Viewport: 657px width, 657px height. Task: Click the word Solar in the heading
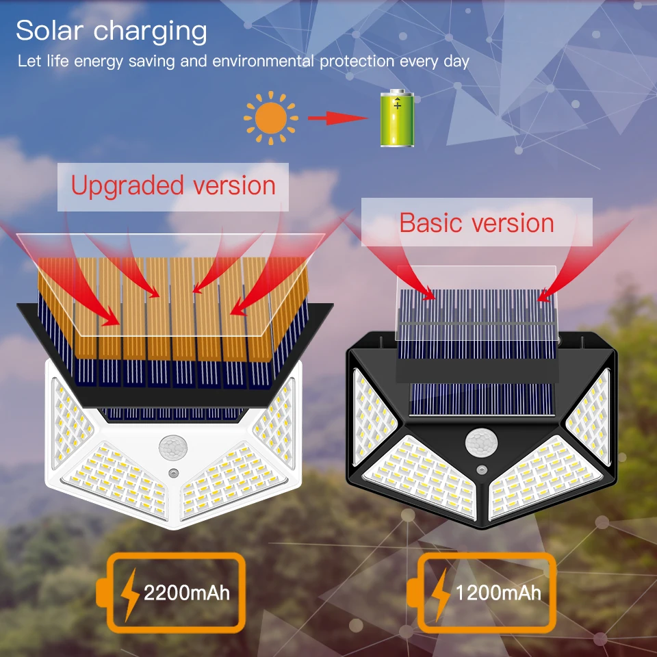[x=49, y=30]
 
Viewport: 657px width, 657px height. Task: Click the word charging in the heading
[x=150, y=32]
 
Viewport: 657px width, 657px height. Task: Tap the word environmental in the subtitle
[x=263, y=61]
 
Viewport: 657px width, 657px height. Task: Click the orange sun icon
[x=271, y=118]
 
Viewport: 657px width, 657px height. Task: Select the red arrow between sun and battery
[x=337, y=118]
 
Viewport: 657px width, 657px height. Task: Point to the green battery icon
[x=397, y=118]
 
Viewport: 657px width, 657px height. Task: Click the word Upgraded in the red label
[x=127, y=186]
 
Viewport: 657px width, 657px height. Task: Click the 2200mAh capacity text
[x=186, y=593]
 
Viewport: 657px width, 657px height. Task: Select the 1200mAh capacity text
[x=498, y=593]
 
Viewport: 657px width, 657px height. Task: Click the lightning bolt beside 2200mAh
[x=129, y=595]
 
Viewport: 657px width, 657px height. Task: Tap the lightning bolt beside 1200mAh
[x=440, y=595]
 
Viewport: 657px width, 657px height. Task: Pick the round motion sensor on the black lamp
[x=481, y=443]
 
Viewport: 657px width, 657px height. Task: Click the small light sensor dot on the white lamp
[x=173, y=473]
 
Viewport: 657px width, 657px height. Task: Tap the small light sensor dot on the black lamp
[x=482, y=470]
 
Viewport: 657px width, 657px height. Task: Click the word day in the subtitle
[x=456, y=62]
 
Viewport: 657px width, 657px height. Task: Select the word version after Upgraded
[x=234, y=185]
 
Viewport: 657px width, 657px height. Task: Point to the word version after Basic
[x=513, y=223]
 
